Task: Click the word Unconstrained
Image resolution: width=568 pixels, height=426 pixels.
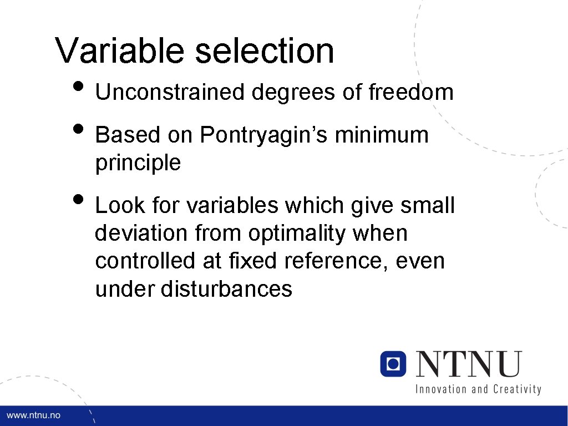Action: click(170, 93)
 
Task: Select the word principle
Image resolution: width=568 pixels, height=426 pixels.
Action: click(138, 164)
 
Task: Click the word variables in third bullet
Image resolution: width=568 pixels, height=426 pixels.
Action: click(233, 206)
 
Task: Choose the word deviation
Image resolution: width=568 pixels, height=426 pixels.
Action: click(142, 234)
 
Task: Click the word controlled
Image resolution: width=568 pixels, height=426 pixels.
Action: click(145, 261)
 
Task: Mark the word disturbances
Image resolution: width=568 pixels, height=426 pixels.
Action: click(226, 289)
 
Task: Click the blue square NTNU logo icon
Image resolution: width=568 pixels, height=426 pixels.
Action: click(393, 363)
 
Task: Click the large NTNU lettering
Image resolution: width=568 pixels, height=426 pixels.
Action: click(469, 364)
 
